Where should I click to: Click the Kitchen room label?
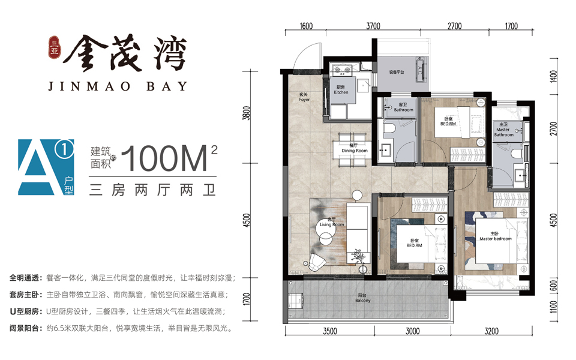pos(341,89)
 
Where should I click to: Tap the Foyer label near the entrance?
pos(304,97)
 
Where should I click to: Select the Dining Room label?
pos(355,148)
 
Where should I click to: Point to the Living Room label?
pos(332,222)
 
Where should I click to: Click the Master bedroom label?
pos(495,236)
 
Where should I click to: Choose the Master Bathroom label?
pos(503,130)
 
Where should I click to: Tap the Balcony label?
pos(363,298)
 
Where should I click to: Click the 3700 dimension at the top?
pos(373,26)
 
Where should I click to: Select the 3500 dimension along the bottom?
pos(330,331)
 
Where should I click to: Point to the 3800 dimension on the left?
pos(247,113)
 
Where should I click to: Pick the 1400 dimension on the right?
pos(554,76)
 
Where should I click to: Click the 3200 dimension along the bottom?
pos(491,331)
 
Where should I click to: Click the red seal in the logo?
pos(55,47)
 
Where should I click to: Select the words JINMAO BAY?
pos(118,86)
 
